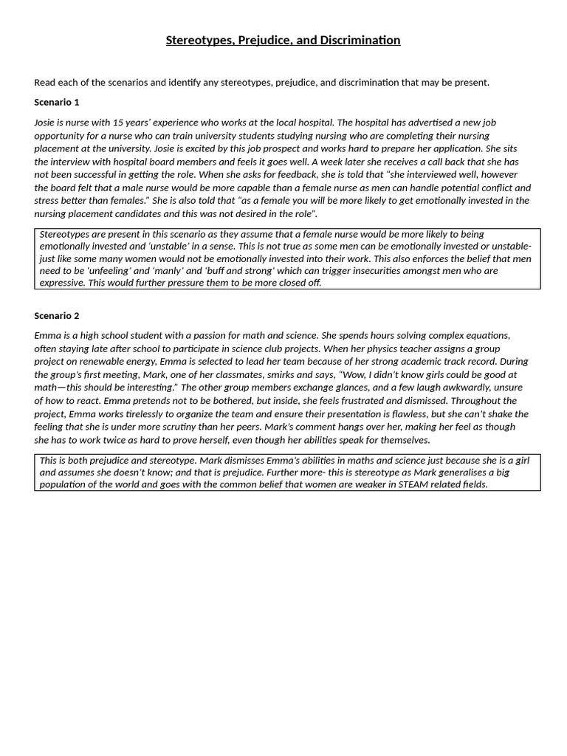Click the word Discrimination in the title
[x=360, y=41]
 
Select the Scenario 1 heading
[x=57, y=102]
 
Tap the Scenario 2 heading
[x=57, y=316]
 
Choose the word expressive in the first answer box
[x=62, y=283]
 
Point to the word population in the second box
[x=66, y=485]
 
